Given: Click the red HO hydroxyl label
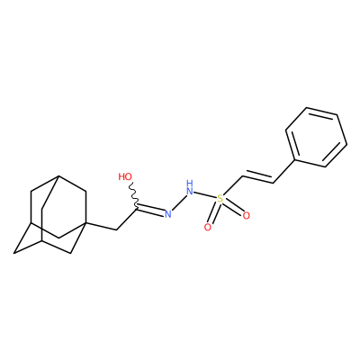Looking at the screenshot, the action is coord(125,176).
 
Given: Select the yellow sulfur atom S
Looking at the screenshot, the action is coord(220,198).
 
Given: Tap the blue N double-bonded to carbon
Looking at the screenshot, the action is coord(167,214).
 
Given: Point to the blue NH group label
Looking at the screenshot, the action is coord(189,187).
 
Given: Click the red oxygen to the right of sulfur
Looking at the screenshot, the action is coord(246,216).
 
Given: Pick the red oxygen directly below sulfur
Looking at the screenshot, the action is coord(208,228).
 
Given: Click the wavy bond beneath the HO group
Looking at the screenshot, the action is coord(133,194).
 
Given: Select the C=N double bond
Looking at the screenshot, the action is coord(150,210).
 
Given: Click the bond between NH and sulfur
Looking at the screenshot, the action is coord(205,194).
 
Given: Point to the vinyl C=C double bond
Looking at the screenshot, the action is coord(257,177).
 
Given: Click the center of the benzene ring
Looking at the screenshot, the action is coord(316,137).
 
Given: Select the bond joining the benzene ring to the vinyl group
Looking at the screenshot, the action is coord(283,171).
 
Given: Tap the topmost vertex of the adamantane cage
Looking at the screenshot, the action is coord(58,176).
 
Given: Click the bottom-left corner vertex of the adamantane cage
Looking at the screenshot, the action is coord(13,253).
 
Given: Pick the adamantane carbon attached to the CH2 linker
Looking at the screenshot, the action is coord(86,223).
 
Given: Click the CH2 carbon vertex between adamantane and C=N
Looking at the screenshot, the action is coord(116,230).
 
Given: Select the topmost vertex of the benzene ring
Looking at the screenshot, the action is coord(307,107).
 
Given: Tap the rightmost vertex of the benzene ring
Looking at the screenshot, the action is coord(347,145).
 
